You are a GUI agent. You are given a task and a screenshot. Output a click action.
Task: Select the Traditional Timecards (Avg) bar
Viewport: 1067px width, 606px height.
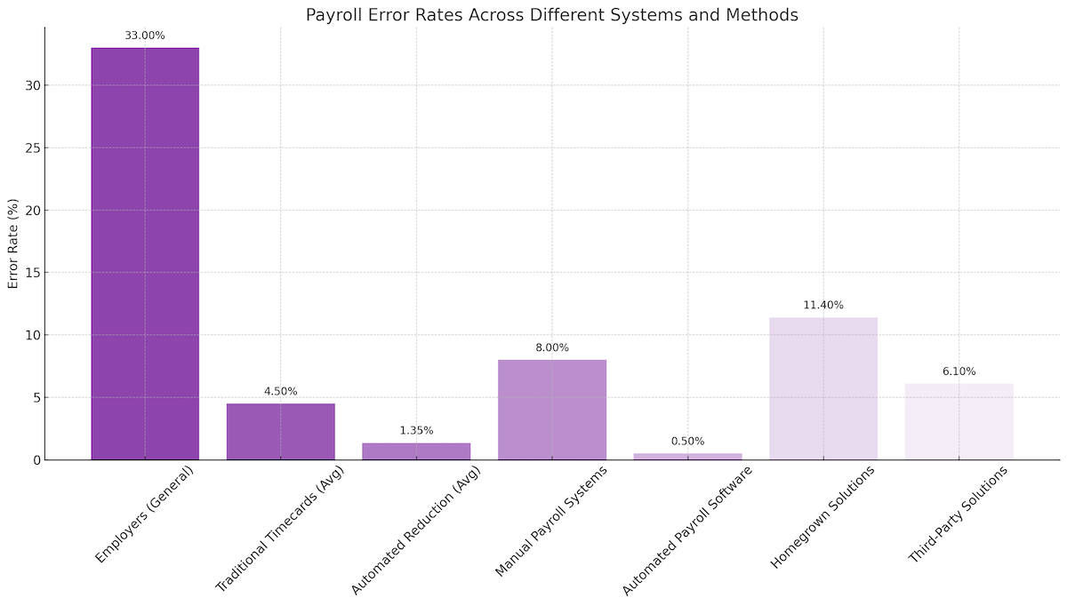tap(281, 432)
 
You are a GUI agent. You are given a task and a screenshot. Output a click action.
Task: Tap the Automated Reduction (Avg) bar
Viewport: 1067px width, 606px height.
tap(416, 451)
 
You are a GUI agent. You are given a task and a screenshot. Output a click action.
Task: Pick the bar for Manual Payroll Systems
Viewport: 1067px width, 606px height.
tap(552, 410)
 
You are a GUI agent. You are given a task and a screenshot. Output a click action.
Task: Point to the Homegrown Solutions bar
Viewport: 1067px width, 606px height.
tap(823, 388)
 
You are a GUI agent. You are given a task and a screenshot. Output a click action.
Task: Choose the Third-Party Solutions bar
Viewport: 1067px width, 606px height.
tap(959, 422)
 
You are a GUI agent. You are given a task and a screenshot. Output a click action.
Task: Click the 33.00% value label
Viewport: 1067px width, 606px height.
tap(145, 36)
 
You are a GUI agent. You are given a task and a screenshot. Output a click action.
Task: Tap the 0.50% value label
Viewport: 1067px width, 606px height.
tap(687, 441)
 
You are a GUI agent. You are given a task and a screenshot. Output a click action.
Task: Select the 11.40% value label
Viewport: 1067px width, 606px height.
tap(823, 305)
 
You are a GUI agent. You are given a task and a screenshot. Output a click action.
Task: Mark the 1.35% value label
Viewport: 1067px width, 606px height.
tap(416, 430)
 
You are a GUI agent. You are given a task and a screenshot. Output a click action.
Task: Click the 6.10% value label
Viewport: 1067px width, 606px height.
tap(959, 371)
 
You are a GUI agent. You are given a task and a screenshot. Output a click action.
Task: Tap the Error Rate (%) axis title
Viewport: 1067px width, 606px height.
tap(13, 243)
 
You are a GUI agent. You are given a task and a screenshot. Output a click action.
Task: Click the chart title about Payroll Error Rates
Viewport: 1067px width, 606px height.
tap(551, 14)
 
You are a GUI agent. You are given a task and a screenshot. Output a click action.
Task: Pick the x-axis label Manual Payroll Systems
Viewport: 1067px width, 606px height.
tap(551, 521)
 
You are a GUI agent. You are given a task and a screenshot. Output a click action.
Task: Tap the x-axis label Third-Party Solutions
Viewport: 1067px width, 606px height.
tap(959, 513)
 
